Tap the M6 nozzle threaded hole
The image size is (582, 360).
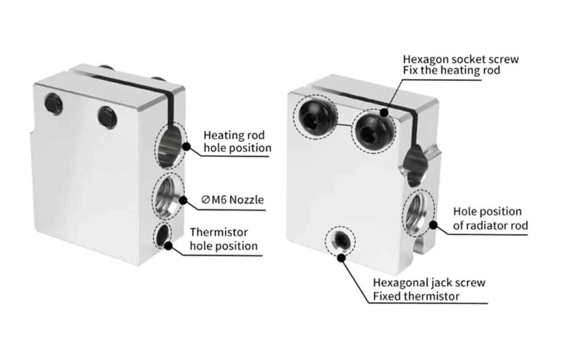168,197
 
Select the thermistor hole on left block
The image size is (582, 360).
163,234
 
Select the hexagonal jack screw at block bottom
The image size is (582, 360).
341,242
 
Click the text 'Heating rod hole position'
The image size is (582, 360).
237,142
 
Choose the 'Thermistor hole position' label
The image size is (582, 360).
223,239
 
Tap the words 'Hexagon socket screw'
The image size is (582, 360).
460,59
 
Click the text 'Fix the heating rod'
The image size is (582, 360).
451,71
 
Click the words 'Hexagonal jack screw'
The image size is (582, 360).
429,283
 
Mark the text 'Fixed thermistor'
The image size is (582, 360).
416,296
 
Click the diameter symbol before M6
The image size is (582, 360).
205,200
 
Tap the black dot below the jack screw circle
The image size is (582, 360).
341,258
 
